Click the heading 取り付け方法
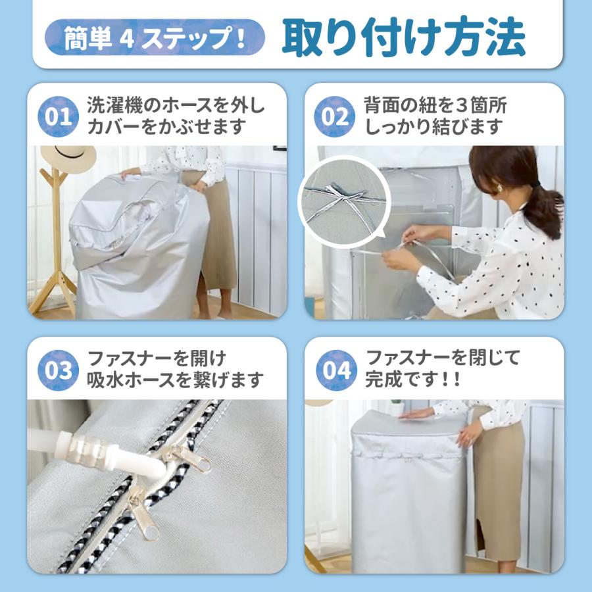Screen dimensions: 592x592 click(403, 37)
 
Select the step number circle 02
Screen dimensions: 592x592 click(335, 117)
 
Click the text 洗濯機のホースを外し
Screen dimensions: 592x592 click(176, 105)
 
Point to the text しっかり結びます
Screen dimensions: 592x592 click(433, 127)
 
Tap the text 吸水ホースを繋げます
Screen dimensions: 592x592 click(176, 380)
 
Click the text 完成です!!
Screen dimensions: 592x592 click(412, 380)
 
